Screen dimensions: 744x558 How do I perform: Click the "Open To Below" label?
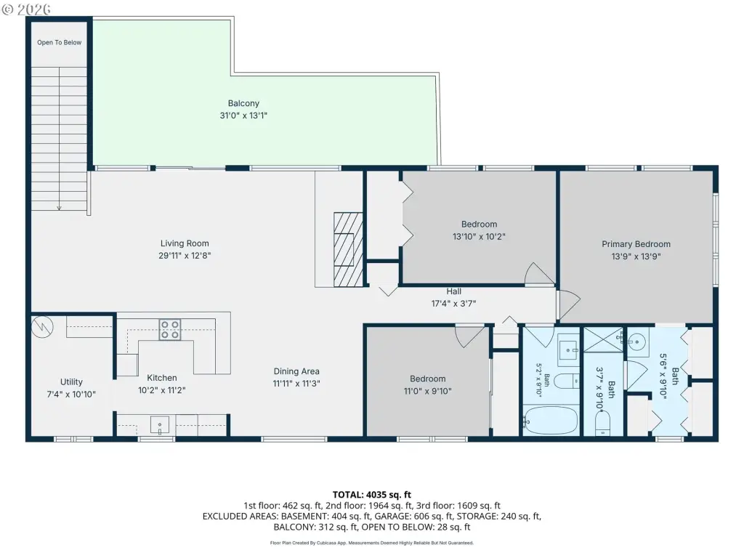pos(60,43)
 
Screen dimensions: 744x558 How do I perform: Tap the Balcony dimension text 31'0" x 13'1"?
pos(243,116)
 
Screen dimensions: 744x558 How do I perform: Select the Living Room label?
pos(185,243)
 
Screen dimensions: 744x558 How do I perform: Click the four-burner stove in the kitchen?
pos(170,329)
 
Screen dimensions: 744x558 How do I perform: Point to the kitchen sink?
pos(159,424)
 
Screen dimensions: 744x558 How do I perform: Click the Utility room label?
pos(71,382)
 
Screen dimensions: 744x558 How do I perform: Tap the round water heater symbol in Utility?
pos(42,327)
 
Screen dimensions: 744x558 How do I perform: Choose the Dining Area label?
pos(296,371)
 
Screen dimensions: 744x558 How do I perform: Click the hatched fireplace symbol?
pos(348,250)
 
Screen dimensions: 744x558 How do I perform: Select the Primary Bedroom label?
pos(636,244)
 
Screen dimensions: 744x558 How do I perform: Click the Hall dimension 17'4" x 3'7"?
pos(453,304)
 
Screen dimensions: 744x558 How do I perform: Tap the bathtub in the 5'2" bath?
pos(551,420)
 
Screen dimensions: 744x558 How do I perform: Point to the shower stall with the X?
pos(603,339)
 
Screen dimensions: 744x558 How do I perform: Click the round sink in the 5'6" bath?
pos(639,341)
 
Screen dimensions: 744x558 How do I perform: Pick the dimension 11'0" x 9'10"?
pos(427,392)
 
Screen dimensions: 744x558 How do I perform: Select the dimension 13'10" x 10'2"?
pos(479,236)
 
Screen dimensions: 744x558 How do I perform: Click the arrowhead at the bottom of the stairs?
pos(60,207)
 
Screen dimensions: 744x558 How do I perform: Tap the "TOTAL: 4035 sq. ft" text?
pos(372,495)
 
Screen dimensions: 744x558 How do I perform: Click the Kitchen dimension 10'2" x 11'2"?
pos(162,390)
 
